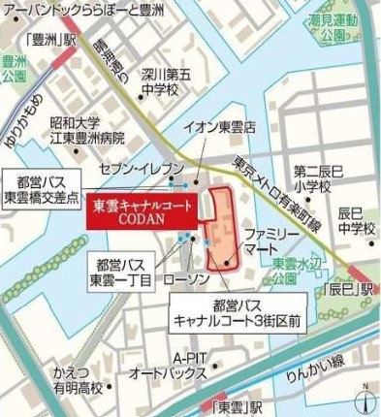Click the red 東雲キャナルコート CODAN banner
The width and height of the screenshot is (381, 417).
click(x=143, y=210)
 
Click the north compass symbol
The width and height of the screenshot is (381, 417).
click(x=364, y=400)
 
